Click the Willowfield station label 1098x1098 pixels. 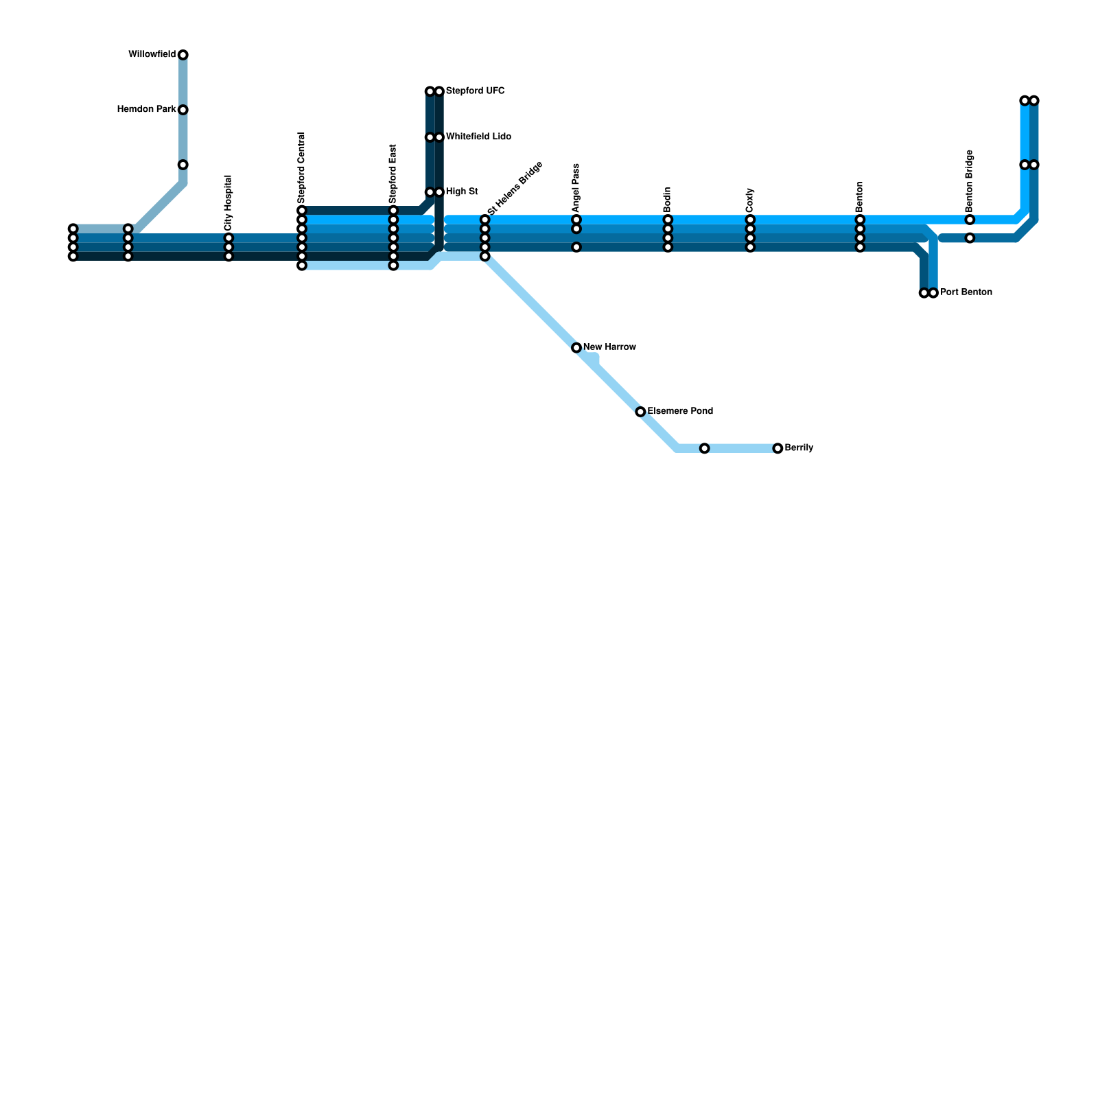tap(152, 55)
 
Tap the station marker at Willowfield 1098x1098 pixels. tap(183, 55)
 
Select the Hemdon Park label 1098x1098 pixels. tap(147, 110)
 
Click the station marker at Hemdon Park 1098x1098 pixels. tap(183, 110)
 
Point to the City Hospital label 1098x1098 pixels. tap(229, 202)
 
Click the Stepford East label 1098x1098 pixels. tap(393, 174)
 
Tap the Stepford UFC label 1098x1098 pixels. tap(475, 91)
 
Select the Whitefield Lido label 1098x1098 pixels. tap(478, 137)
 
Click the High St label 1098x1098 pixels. tap(462, 192)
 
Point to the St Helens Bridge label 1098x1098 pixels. tap(515, 188)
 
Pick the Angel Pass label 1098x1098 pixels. tap(576, 188)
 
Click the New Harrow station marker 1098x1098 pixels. tap(576, 348)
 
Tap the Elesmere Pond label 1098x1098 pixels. tap(680, 412)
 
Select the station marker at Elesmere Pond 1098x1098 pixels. tap(640, 412)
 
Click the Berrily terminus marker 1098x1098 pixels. tap(778, 448)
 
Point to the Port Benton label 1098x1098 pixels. tap(966, 292)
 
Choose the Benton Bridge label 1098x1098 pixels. tap(970, 180)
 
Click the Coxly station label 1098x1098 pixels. tap(750, 200)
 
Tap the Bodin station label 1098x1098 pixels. tap(668, 199)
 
